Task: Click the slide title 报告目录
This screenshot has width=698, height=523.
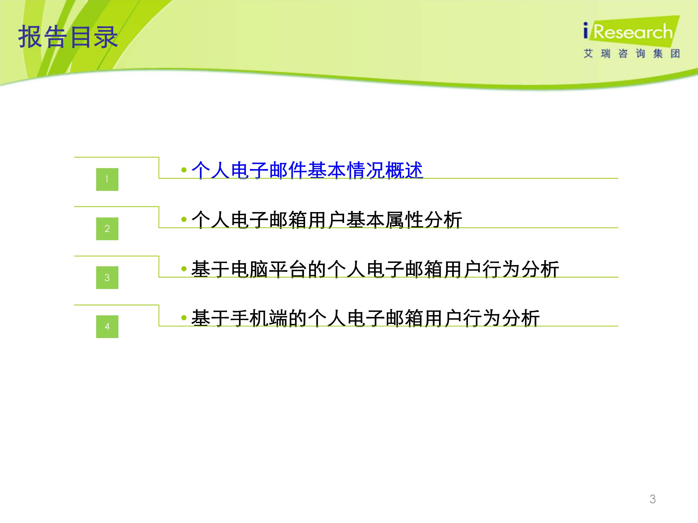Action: point(68,37)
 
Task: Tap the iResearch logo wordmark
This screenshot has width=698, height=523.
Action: point(628,32)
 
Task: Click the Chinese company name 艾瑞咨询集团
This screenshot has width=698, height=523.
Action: point(631,54)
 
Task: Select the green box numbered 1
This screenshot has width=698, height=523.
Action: point(107,179)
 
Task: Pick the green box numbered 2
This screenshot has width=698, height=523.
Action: point(107,229)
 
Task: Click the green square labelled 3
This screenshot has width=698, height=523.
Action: point(107,278)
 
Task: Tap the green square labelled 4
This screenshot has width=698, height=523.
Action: point(107,327)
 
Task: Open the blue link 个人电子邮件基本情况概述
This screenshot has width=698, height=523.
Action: point(307,170)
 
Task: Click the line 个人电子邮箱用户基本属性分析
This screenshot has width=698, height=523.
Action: point(327,220)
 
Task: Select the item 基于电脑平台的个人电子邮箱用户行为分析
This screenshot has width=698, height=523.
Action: point(375,269)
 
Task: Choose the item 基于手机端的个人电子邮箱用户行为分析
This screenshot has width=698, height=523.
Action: point(365,318)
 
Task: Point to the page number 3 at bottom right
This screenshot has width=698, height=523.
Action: point(653,499)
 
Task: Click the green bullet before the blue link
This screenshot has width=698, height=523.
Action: point(184,170)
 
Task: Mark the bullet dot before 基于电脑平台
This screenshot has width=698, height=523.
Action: point(184,269)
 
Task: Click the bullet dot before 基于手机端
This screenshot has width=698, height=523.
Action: point(184,318)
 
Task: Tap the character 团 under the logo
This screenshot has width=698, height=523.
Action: point(675,54)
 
